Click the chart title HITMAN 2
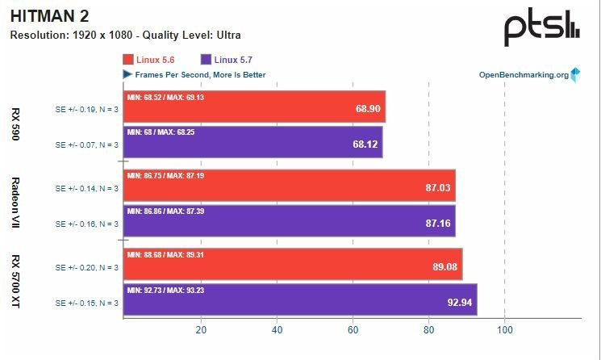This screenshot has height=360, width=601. coord(50,15)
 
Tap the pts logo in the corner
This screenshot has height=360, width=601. coord(541,28)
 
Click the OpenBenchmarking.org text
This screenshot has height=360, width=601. coord(524,75)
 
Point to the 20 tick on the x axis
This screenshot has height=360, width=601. coord(201,329)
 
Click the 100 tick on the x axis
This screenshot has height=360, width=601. coord(504,329)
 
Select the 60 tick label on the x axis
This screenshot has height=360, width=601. coord(353,329)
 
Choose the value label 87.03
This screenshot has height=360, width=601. coord(439,187)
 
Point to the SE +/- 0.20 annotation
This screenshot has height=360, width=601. coord(86,267)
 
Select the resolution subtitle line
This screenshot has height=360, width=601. coord(125,36)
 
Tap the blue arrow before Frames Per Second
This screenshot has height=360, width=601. coord(127,74)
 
